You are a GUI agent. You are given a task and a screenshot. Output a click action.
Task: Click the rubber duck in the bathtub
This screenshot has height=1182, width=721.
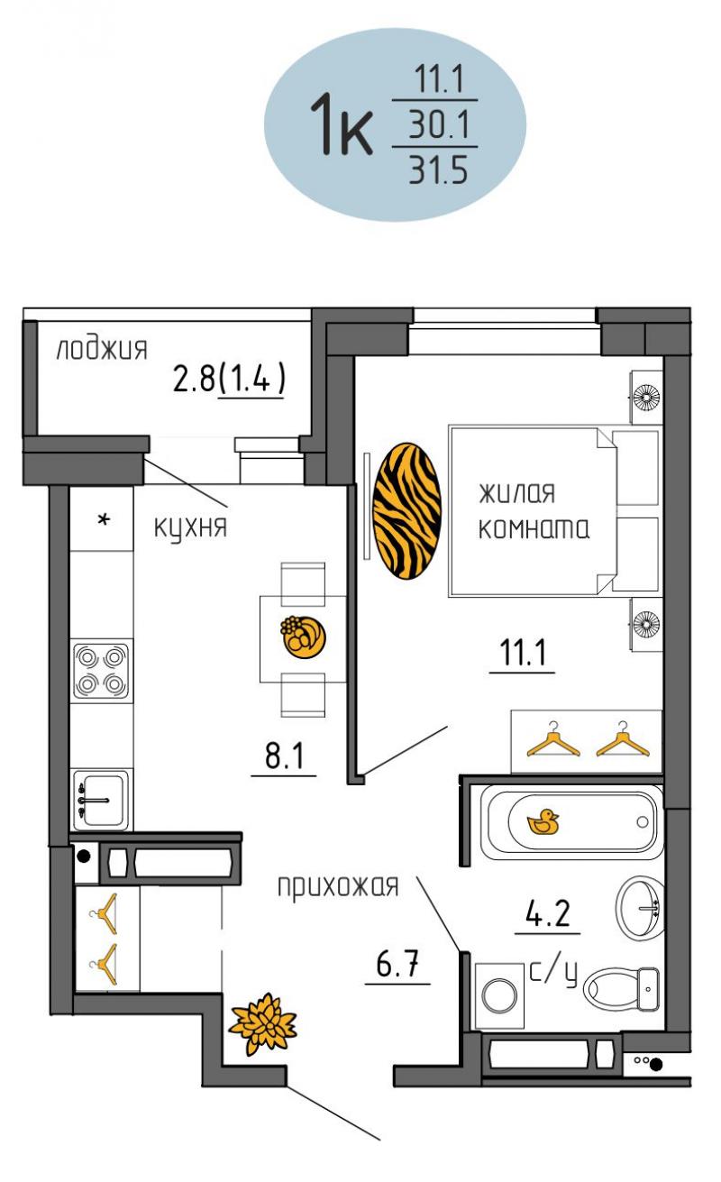click(543, 821)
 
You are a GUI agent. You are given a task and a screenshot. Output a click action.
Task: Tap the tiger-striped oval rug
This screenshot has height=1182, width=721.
click(406, 511)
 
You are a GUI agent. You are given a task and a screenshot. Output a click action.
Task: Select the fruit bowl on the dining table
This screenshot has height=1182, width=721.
click(303, 637)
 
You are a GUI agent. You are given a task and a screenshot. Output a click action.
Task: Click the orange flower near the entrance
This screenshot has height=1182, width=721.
click(262, 1023)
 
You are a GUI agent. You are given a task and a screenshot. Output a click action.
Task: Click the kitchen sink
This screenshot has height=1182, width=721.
click(101, 800)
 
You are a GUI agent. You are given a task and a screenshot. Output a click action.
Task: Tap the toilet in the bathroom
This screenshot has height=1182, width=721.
click(621, 988)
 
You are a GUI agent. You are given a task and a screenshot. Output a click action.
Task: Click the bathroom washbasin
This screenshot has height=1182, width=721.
click(640, 908)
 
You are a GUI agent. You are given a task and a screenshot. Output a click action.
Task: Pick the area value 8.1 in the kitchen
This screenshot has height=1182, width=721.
click(284, 756)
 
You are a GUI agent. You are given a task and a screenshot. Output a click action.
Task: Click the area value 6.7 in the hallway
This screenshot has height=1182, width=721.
click(397, 963)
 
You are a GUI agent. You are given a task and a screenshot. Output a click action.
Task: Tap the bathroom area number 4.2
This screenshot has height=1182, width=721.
click(548, 913)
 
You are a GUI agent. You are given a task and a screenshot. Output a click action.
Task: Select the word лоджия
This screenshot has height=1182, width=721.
click(102, 349)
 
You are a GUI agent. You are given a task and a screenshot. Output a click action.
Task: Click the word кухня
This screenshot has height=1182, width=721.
click(190, 527)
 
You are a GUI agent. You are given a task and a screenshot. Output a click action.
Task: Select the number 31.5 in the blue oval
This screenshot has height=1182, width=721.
click(438, 170)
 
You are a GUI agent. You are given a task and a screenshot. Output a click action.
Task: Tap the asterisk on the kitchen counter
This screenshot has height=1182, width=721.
click(104, 520)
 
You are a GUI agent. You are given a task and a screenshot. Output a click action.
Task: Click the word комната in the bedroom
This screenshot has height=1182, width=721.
click(534, 528)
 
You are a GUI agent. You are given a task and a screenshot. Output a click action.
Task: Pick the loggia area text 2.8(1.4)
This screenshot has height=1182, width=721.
click(230, 378)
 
